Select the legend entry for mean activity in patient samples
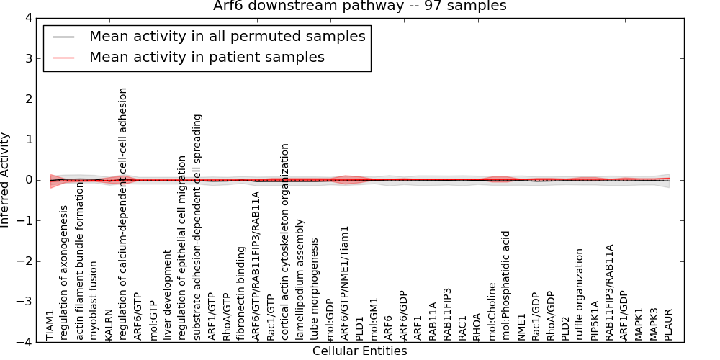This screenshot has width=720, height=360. click(x=207, y=57)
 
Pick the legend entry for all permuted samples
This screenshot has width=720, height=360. click(x=227, y=36)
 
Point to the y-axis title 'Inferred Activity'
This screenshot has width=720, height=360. click(x=6, y=180)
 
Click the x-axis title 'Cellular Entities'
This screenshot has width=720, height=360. click(x=359, y=351)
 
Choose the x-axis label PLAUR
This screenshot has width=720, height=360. click(x=668, y=324)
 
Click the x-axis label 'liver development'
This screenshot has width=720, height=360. click(x=168, y=294)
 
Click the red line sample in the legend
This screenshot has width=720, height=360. click(x=63, y=57)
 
